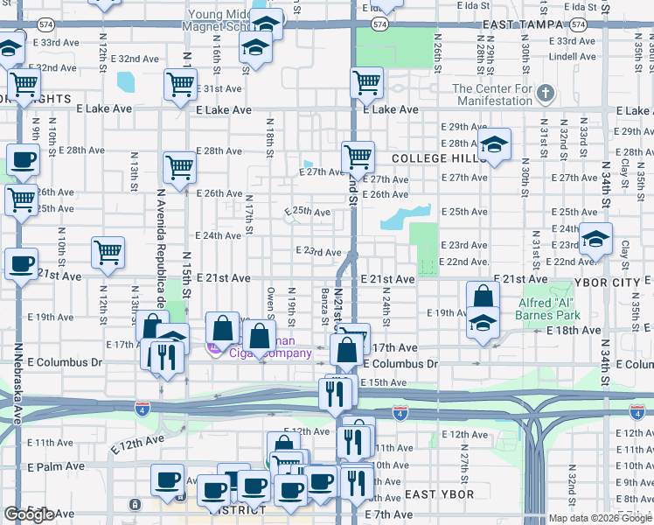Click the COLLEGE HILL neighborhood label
(433, 158)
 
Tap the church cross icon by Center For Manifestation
(546, 92)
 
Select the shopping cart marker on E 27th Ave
(358, 157)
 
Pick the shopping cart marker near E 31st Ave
(180, 86)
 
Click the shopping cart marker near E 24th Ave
(108, 253)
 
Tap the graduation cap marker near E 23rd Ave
(595, 238)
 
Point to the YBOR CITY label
(612, 283)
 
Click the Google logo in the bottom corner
(29, 514)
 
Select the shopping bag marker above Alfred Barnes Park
(483, 297)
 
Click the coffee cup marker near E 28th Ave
(23, 160)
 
